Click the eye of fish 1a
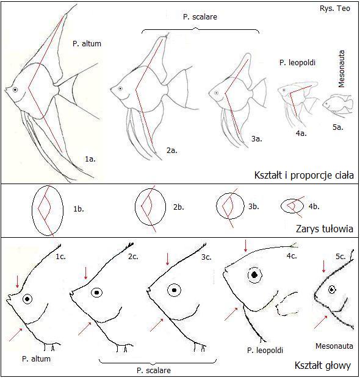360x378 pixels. click(x=15, y=90)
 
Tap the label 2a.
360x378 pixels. click(x=172, y=151)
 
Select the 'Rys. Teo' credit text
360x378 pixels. click(x=335, y=9)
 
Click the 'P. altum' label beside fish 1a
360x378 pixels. click(x=87, y=44)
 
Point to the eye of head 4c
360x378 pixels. click(x=254, y=275)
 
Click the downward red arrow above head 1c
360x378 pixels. click(x=17, y=282)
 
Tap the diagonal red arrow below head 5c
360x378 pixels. click(x=321, y=322)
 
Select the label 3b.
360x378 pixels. click(x=253, y=207)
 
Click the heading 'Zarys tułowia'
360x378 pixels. click(x=325, y=229)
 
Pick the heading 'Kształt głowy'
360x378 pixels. click(x=323, y=365)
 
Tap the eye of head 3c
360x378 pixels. click(x=175, y=290)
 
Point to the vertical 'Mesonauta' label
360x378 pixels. click(x=342, y=69)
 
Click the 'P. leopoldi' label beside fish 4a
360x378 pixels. click(x=297, y=63)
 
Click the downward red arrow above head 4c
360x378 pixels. click(x=246, y=246)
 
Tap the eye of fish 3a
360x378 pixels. click(x=217, y=93)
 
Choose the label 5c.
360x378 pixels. click(x=340, y=257)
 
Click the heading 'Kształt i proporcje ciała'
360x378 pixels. click(x=304, y=175)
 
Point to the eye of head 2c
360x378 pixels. click(x=97, y=293)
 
